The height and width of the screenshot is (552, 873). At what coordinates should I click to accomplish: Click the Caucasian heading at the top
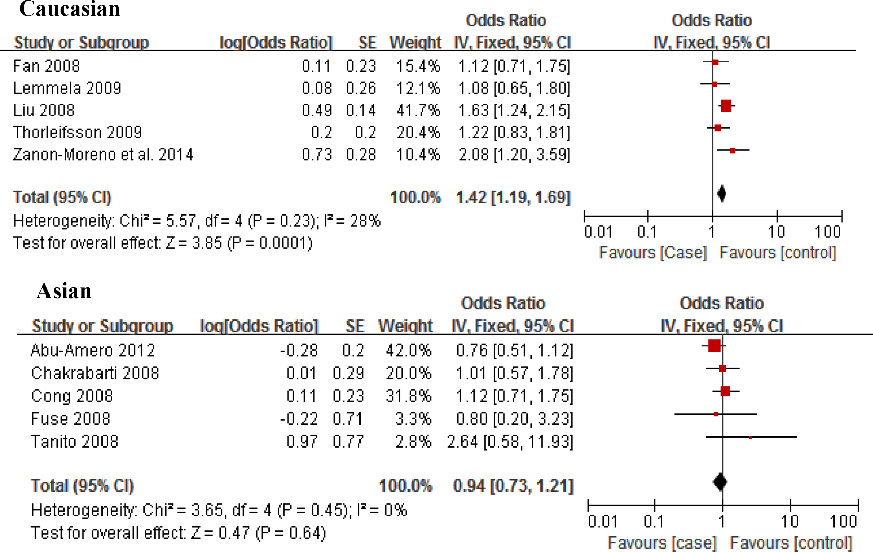coord(69,9)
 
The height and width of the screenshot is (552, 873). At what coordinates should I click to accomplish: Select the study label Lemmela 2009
coord(67,88)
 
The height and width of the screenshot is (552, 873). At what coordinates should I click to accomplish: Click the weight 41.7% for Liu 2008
coord(418,110)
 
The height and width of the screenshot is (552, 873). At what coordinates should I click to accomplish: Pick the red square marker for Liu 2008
coord(726,106)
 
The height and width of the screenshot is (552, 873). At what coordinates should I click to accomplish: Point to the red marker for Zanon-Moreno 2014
coord(733,151)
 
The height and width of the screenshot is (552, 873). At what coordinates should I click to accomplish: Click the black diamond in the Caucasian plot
coord(722,193)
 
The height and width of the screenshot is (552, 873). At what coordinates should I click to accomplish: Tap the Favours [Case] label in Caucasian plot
coord(653,253)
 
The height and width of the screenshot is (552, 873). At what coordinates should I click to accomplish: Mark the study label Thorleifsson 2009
coord(77,132)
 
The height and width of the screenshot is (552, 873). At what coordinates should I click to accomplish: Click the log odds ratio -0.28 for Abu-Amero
coord(299,350)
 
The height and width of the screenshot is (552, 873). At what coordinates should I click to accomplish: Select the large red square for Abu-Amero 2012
coord(714,346)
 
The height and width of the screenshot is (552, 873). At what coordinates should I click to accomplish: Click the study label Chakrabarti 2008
coord(95,373)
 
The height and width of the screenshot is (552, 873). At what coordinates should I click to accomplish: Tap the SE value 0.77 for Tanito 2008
coord(348,442)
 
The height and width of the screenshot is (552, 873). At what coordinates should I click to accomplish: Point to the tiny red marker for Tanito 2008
coord(750,438)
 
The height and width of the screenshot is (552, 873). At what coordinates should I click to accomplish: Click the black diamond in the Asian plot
coord(720,482)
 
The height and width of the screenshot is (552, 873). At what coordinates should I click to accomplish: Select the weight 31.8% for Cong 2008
coord(409,396)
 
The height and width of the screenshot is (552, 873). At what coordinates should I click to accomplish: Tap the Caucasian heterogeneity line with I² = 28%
coord(197,221)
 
